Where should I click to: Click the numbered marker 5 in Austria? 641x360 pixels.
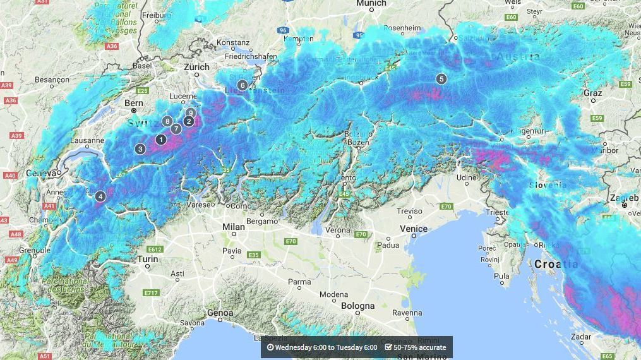coord(441,79)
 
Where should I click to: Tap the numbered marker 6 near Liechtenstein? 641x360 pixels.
coord(243,85)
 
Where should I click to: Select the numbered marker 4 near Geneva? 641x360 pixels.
coord(100,196)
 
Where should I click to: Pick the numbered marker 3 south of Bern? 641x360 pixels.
coord(140,149)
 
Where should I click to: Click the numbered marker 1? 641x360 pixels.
coord(161,140)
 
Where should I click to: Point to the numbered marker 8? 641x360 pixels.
coord(167,121)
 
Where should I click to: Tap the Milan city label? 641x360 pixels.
coord(234,227)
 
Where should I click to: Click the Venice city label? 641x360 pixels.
coord(414,229)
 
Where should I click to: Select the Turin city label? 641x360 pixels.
coord(148,260)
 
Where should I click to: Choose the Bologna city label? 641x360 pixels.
coord(357,306)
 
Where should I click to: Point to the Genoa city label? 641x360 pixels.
coord(220,313)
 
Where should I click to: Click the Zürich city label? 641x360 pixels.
coord(196,67)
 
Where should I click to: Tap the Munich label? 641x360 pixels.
coord(371,4)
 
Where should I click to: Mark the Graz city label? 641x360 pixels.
coord(592,93)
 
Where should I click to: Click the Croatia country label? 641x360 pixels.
coord(556,264)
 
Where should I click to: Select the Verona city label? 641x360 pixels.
coord(338,232)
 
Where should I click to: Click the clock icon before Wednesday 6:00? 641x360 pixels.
coord(270,347)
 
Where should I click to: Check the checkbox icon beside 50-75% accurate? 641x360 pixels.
coord(388,347)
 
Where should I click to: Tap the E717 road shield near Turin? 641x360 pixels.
coord(151,293)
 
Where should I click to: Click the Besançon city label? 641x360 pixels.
coord(52,80)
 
